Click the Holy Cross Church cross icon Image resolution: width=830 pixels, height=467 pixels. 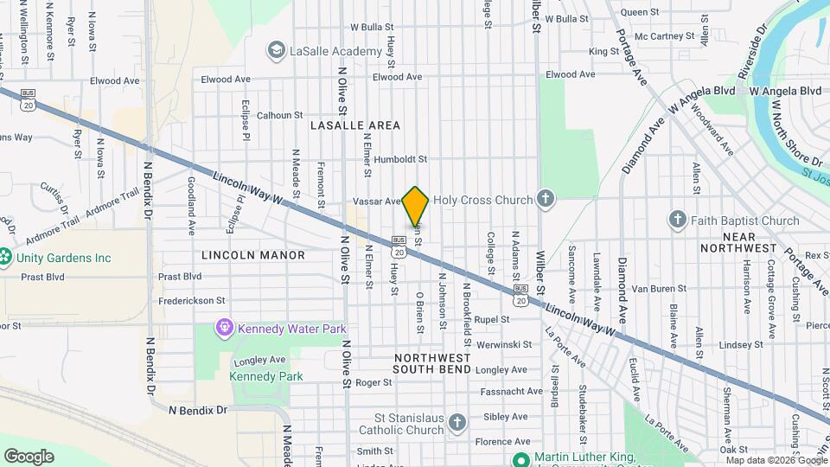pyautogui.click(x=545, y=200)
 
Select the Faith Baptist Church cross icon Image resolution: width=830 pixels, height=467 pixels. pyautogui.click(x=679, y=221)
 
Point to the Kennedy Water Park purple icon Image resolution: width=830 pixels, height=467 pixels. pyautogui.click(x=225, y=329)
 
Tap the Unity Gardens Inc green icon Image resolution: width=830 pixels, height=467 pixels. pyautogui.click(x=4, y=258)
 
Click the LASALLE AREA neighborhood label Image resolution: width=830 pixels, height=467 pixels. pyautogui.click(x=355, y=125)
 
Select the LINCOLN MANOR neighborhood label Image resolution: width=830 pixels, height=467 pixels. pyautogui.click(x=253, y=255)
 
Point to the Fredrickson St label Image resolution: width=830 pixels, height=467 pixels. pyautogui.click(x=192, y=301)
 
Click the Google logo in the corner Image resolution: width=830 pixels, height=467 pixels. pyautogui.click(x=29, y=456)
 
